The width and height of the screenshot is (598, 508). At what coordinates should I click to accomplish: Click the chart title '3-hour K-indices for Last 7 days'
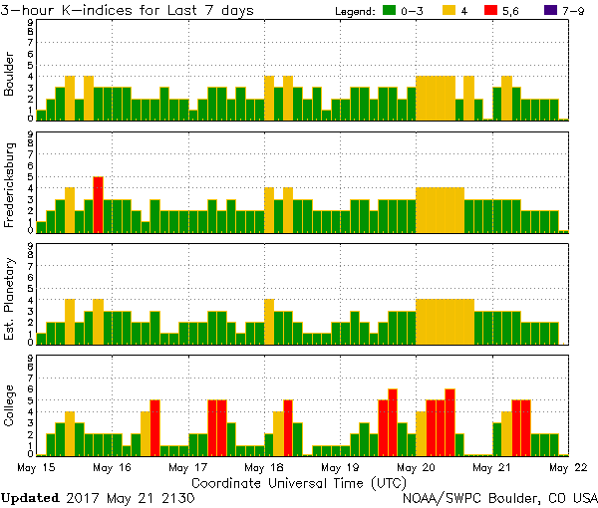pyautogui.click(x=127, y=10)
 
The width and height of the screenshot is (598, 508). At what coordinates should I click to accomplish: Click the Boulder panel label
pyautogui.click(x=10, y=75)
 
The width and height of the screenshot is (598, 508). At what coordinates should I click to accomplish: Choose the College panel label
pyautogui.click(x=10, y=406)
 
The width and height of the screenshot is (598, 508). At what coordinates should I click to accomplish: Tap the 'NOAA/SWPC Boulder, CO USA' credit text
pyautogui.click(x=499, y=497)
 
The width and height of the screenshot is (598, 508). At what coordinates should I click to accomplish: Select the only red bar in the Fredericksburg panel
pyautogui.click(x=99, y=204)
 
